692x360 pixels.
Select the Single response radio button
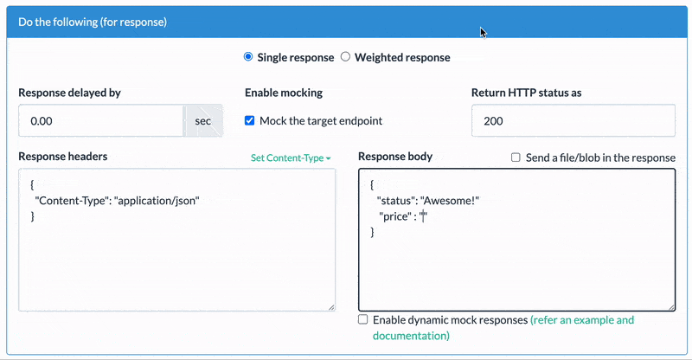pos(248,57)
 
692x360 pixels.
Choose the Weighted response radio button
pos(345,57)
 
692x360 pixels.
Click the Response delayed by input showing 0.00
pos(100,121)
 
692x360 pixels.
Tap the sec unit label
pos(202,121)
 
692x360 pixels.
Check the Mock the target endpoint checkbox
pos(250,121)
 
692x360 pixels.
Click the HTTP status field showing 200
pos(573,121)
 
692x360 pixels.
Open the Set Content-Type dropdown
pos(291,158)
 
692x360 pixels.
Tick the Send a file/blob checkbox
pos(516,157)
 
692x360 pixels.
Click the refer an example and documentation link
pos(583,320)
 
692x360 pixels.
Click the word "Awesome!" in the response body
pos(449,201)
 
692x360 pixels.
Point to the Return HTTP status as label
pos(531,93)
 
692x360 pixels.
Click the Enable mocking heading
pos(284,93)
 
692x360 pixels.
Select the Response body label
pos(394,157)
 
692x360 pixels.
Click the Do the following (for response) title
pos(93,21)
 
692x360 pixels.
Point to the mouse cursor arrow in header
pos(484,32)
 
